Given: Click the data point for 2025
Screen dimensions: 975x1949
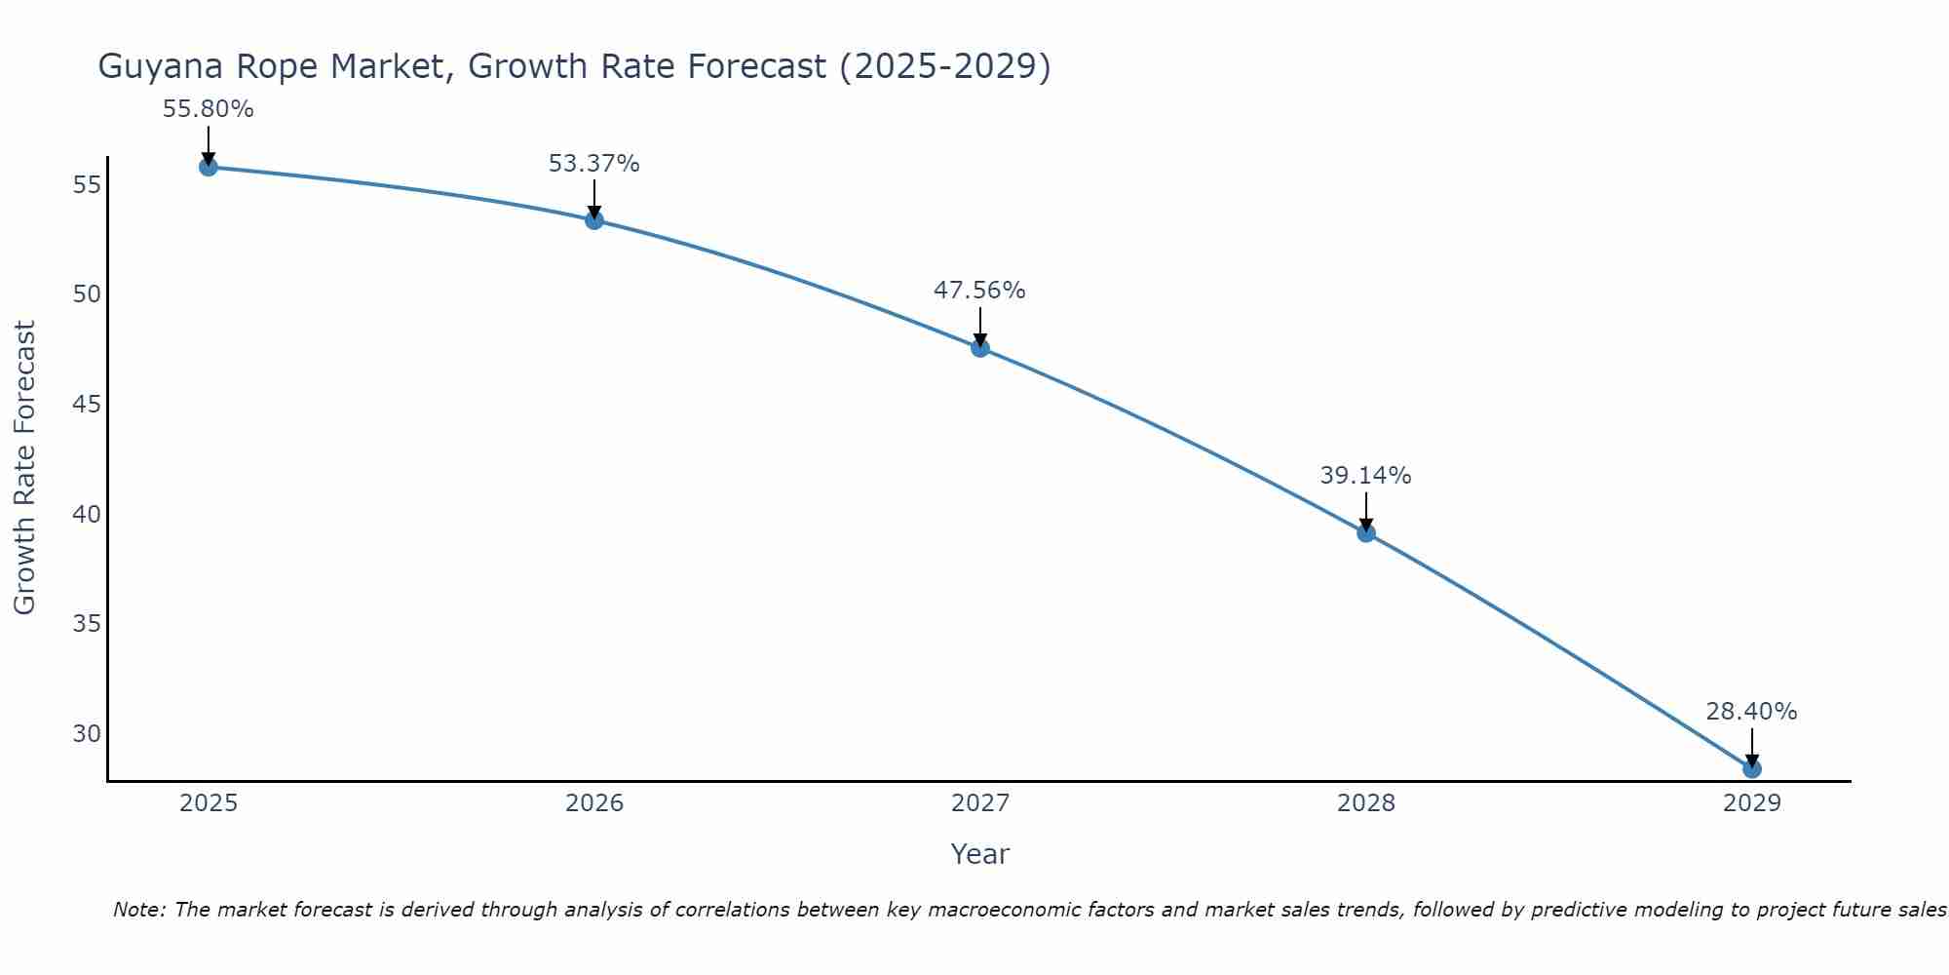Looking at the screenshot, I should pyautogui.click(x=209, y=167).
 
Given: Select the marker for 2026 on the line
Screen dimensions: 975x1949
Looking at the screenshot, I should pyautogui.click(x=594, y=220).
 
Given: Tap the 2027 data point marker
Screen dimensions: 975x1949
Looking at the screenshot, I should pyautogui.click(x=980, y=348).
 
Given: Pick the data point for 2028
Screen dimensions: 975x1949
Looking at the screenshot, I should pyautogui.click(x=1366, y=533).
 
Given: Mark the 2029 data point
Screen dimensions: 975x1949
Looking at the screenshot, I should pyautogui.click(x=1752, y=769).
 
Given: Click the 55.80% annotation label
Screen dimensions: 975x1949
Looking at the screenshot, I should pyautogui.click(x=208, y=109).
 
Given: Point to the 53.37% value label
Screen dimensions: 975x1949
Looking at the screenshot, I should pyautogui.click(x=593, y=164).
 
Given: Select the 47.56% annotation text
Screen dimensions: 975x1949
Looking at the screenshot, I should pyautogui.click(x=979, y=291).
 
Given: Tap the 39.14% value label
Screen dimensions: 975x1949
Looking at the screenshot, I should pyautogui.click(x=1365, y=476).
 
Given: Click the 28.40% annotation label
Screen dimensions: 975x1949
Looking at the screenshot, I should pyautogui.click(x=1751, y=712).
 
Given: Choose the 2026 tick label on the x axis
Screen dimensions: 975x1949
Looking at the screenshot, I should pyautogui.click(x=594, y=803).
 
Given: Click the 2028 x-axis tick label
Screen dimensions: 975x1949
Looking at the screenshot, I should pyautogui.click(x=1366, y=803).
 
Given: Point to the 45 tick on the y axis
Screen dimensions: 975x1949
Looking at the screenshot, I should pyautogui.click(x=87, y=404).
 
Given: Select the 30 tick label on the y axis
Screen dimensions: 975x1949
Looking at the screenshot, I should pyautogui.click(x=87, y=733).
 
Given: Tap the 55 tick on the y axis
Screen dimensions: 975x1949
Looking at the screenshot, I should pyautogui.click(x=87, y=184).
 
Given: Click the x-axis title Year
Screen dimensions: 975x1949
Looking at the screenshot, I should pyautogui.click(x=979, y=854).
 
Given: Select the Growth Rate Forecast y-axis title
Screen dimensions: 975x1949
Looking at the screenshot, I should pyautogui.click(x=24, y=468).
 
